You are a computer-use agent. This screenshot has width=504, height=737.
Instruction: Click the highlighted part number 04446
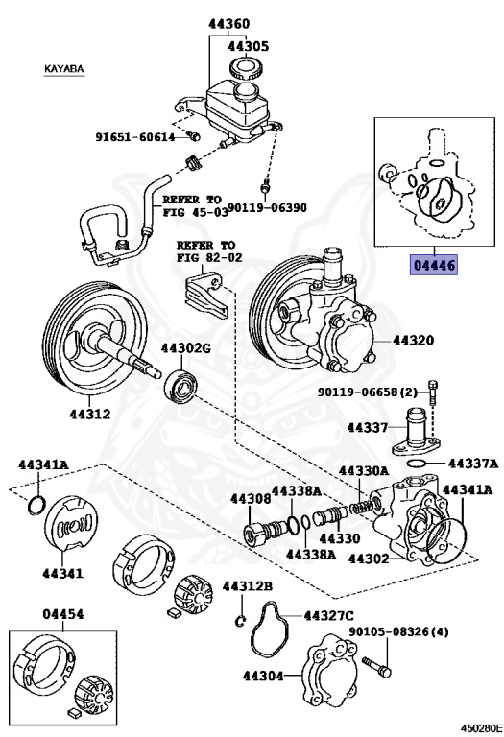[434, 265]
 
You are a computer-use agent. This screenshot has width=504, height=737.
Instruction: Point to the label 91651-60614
[134, 136]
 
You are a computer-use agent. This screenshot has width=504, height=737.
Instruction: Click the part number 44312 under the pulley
[89, 416]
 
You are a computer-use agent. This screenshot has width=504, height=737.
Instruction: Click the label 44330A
[364, 471]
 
